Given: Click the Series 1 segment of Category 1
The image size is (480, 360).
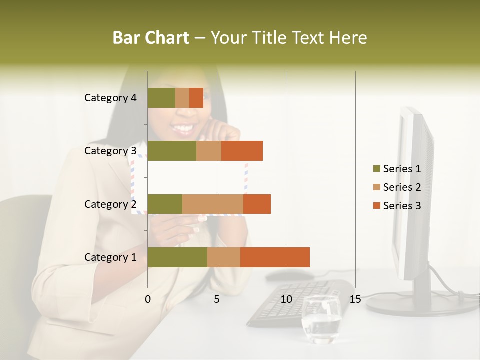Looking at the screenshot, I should pyautogui.click(x=177, y=257).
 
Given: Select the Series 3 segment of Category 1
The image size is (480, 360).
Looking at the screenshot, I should pyautogui.click(x=275, y=257).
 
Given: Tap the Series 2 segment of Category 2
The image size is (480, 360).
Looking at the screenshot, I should pyautogui.click(x=213, y=204).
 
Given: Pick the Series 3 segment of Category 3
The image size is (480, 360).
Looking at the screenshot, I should pyautogui.click(x=242, y=151).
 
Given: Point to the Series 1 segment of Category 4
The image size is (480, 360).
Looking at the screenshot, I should pyautogui.click(x=161, y=98).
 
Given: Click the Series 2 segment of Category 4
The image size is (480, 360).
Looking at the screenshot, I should pyautogui.click(x=182, y=98).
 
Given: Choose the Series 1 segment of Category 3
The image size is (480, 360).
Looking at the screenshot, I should pyautogui.click(x=172, y=151).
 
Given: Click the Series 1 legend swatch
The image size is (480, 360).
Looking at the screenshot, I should pyautogui.click(x=376, y=169).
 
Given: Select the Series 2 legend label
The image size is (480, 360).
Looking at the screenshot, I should pyautogui.click(x=402, y=187).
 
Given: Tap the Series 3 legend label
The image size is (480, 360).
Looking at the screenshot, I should pyautogui.click(x=402, y=206).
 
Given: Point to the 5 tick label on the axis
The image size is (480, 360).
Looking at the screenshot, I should pyautogui.click(x=217, y=299).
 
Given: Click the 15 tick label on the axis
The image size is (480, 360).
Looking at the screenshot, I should pyautogui.click(x=355, y=299).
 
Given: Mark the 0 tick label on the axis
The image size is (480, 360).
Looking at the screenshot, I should pyautogui.click(x=148, y=299).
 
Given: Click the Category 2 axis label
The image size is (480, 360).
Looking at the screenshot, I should pyautogui.click(x=110, y=204).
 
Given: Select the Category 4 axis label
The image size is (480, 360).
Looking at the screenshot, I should pyautogui.click(x=110, y=98).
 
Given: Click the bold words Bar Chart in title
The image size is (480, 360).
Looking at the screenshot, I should pyautogui.click(x=151, y=38).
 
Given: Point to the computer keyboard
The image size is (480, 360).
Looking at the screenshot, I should pyautogui.click(x=295, y=302).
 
